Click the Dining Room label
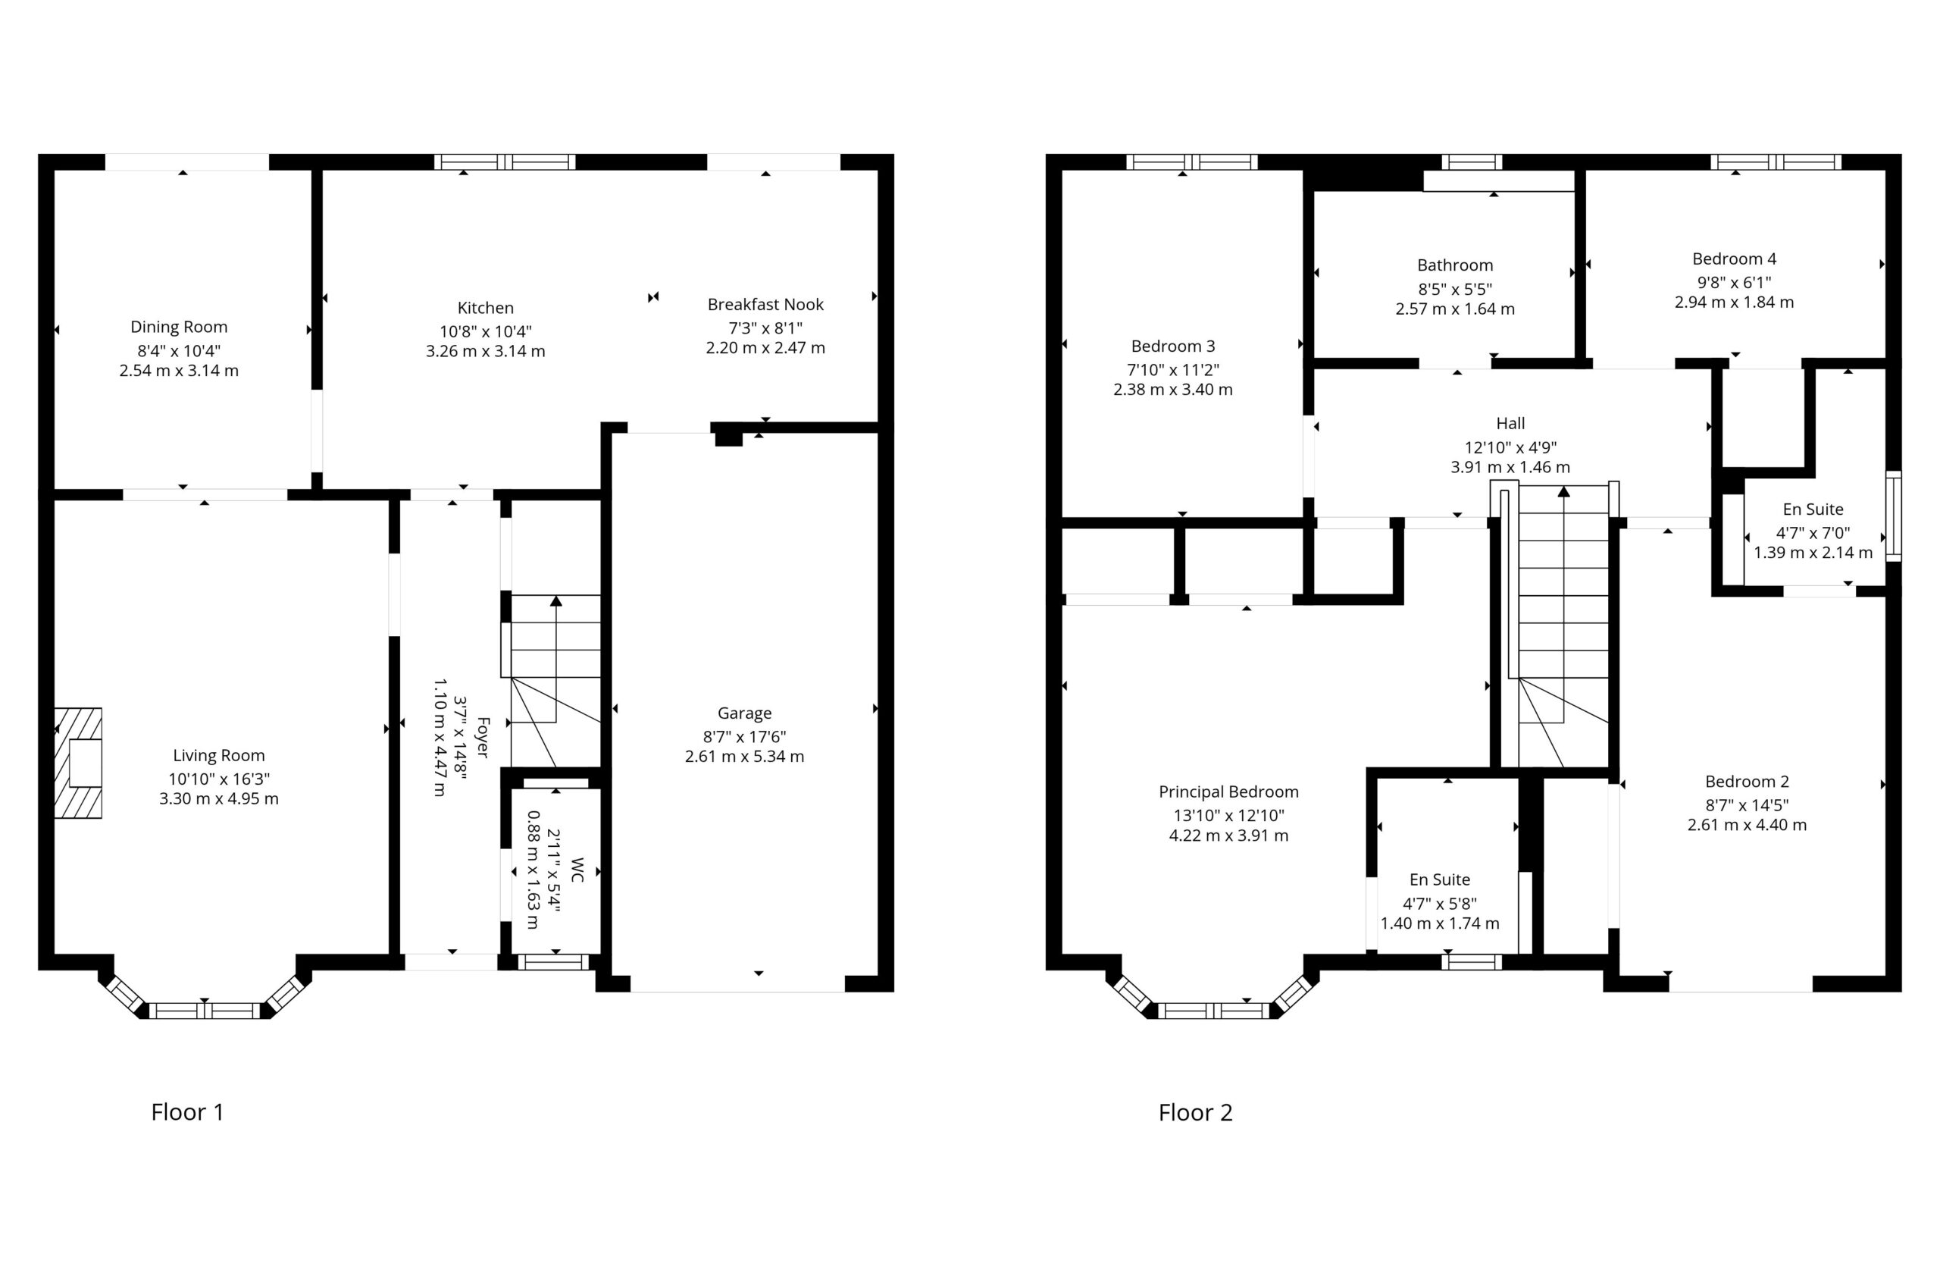click(179, 327)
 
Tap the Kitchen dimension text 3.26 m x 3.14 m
click(485, 351)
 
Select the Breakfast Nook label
click(765, 304)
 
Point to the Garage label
click(744, 713)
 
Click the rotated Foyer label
click(483, 737)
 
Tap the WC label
click(578, 870)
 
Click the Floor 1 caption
click(187, 1112)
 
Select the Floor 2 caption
click(1196, 1112)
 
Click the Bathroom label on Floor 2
click(1455, 265)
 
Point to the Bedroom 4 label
click(1734, 259)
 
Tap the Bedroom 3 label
click(1173, 346)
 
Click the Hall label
click(1510, 423)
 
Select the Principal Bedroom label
click(1228, 792)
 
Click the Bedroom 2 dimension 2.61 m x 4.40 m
click(1747, 824)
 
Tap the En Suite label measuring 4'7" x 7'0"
click(1813, 509)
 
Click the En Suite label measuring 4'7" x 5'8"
click(1440, 879)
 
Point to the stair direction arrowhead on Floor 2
click(1563, 491)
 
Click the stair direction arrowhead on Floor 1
click(556, 601)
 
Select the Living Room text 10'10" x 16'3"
click(218, 779)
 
